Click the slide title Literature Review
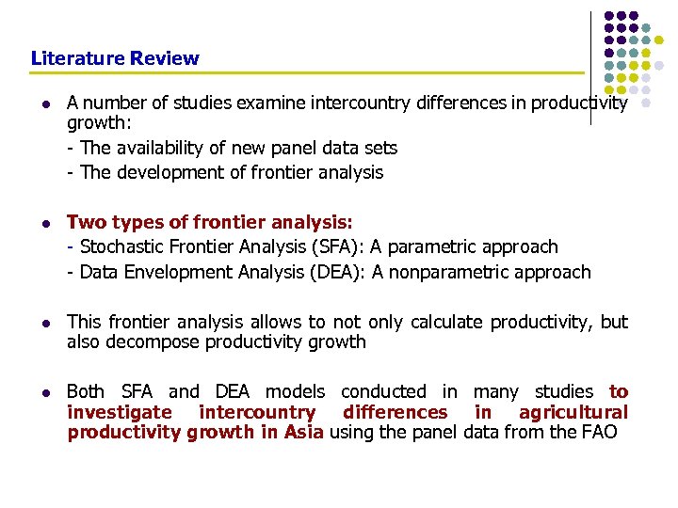115,58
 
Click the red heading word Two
86,222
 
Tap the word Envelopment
169,272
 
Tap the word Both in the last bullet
86,391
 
